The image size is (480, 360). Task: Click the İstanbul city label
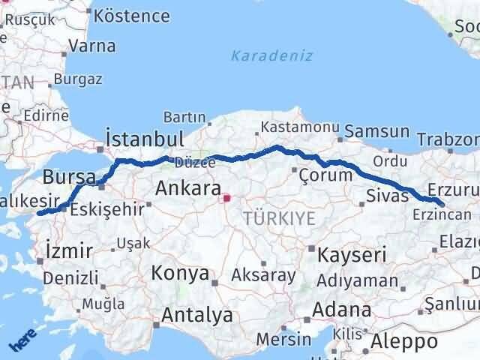pyautogui.click(x=145, y=139)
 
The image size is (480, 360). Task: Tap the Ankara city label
pyautogui.click(x=187, y=189)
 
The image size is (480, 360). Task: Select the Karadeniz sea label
pyautogui.click(x=271, y=55)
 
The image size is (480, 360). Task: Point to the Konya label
pyautogui.click(x=180, y=274)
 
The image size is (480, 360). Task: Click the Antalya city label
pyautogui.click(x=197, y=315)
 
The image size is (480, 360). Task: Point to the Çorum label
pyautogui.click(x=325, y=175)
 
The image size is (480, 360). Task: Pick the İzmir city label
pyautogui.click(x=69, y=250)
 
